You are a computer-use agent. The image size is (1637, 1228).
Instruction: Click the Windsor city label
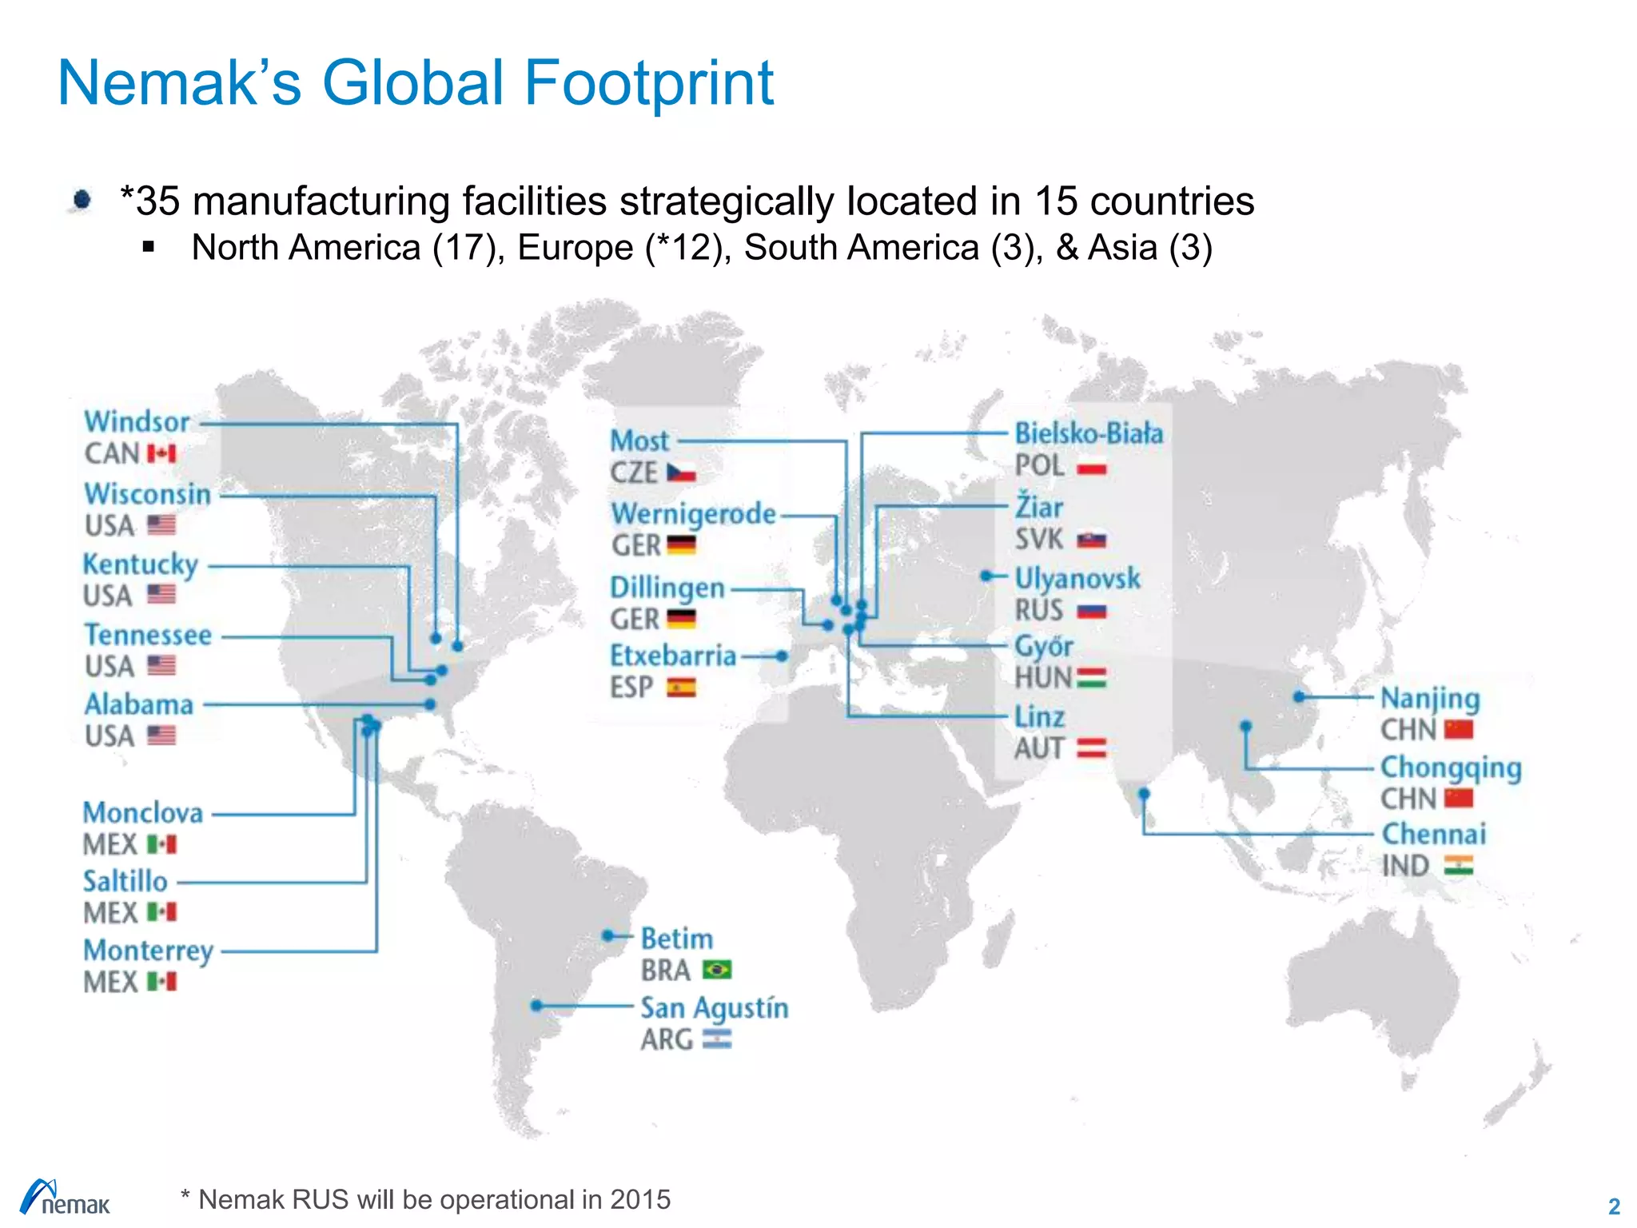click(x=137, y=422)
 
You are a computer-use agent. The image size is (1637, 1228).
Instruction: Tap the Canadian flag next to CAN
click(x=161, y=454)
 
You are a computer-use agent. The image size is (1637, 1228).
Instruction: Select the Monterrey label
click(x=149, y=951)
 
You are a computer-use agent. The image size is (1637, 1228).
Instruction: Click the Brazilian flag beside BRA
click(x=717, y=970)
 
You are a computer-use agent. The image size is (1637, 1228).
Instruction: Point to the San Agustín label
click(x=714, y=1008)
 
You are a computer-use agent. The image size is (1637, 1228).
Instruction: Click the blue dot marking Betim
click(x=608, y=935)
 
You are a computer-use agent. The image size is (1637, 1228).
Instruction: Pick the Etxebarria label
click(x=673, y=656)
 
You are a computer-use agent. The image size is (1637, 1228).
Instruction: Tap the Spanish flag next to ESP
click(x=681, y=688)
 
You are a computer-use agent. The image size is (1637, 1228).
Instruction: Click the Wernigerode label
click(x=694, y=514)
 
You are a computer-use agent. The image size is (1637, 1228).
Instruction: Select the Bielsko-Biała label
click(x=1089, y=434)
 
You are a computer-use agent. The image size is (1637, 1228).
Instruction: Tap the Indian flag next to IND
click(x=1458, y=866)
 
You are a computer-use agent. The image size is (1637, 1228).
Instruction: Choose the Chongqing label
click(x=1451, y=767)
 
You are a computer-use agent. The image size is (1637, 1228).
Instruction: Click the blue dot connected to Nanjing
click(x=1300, y=697)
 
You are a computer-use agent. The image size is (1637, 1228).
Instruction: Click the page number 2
click(x=1614, y=1206)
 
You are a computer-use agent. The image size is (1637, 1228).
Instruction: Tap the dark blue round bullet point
click(x=82, y=199)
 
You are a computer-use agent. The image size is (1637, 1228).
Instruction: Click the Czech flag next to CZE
click(x=681, y=473)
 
